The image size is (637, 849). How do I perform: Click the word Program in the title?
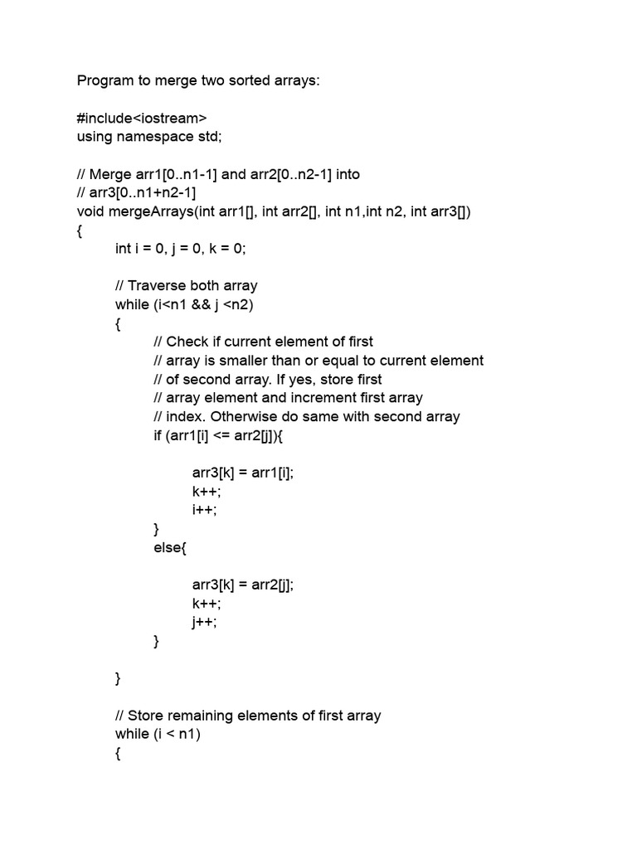tap(105, 81)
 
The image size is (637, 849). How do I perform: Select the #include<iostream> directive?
tap(142, 119)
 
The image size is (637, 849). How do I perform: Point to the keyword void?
tap(90, 211)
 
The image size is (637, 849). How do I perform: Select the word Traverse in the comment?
tap(158, 286)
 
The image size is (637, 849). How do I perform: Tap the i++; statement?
tap(204, 510)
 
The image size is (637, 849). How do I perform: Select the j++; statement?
tap(204, 622)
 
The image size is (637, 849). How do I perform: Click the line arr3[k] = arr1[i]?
tap(243, 473)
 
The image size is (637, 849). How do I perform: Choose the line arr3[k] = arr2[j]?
tap(243, 585)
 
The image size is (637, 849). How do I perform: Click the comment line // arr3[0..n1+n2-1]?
tap(136, 192)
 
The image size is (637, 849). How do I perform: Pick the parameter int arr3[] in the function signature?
tap(440, 211)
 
